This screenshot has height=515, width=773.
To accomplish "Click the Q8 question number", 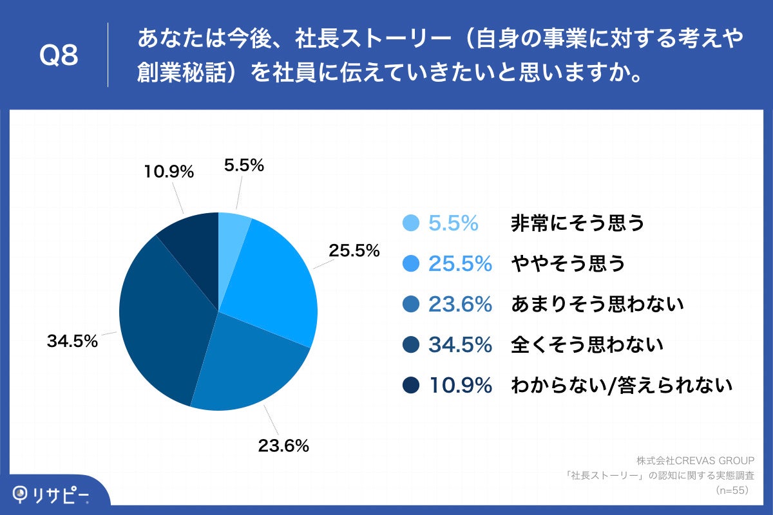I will click(x=59, y=56).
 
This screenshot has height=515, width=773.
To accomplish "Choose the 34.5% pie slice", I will click(x=161, y=322).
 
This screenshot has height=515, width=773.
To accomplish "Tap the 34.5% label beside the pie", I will click(x=72, y=341).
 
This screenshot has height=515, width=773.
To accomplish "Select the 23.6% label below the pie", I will click(x=283, y=445).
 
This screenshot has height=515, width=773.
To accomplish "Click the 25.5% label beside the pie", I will click(x=354, y=250).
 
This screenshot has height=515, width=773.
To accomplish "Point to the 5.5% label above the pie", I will click(x=244, y=165).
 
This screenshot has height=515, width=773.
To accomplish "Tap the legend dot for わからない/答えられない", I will click(x=411, y=386).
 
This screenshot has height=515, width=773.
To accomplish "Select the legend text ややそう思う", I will click(x=568, y=263).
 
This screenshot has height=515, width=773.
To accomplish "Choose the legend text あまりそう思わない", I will click(x=596, y=304).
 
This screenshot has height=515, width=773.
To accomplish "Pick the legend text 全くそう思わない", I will click(x=587, y=345).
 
